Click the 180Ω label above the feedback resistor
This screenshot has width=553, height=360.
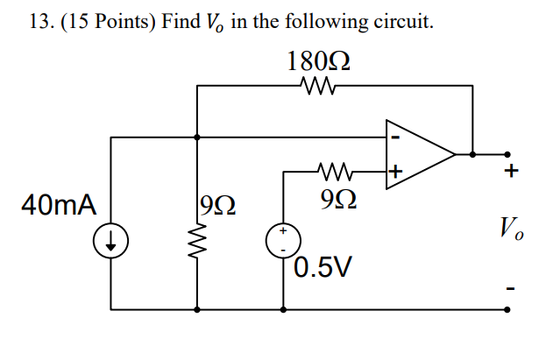(x=319, y=61)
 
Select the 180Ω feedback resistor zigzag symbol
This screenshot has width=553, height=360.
(x=315, y=86)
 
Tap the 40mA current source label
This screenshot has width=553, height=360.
(x=59, y=205)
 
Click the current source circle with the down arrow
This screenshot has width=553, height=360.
(x=113, y=238)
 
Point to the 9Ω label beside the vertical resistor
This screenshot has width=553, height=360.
(x=217, y=207)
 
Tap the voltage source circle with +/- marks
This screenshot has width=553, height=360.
(x=284, y=240)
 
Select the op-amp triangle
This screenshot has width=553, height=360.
(x=418, y=154)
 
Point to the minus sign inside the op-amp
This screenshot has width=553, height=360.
(x=396, y=137)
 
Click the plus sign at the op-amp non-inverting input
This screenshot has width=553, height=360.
(x=395, y=173)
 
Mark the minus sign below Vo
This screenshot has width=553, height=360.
(x=509, y=287)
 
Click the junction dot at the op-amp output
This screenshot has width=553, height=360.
(x=473, y=154)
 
